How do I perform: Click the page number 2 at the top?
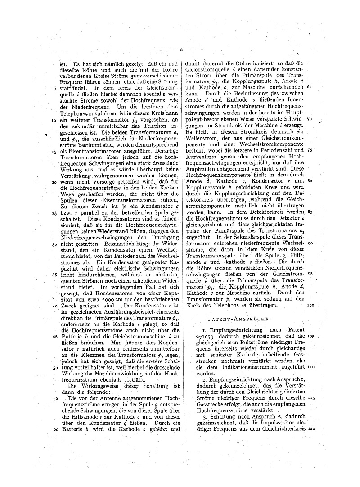pyautogui.click(x=180, y=50)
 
